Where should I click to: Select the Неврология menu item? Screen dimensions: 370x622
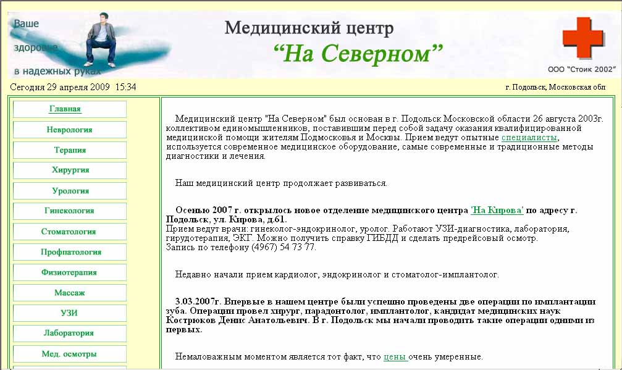pyautogui.click(x=69, y=130)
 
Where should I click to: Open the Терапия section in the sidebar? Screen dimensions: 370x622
pyautogui.click(x=69, y=150)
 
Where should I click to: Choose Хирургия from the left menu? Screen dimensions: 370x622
pyautogui.click(x=69, y=170)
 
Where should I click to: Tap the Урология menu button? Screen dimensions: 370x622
pyautogui.click(x=69, y=191)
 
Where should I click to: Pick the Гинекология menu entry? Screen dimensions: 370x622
pyautogui.click(x=69, y=211)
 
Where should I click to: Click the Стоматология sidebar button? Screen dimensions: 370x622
pyautogui.click(x=69, y=232)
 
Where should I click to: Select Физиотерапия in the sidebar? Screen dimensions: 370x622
pyautogui.click(x=69, y=272)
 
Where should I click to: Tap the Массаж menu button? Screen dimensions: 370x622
pyautogui.click(x=69, y=293)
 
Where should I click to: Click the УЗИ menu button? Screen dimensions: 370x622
pyautogui.click(x=69, y=313)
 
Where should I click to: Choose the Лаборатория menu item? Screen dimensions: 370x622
pyautogui.click(x=69, y=334)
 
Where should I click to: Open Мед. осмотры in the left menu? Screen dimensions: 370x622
pyautogui.click(x=69, y=354)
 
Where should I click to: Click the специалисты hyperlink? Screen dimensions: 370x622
pyautogui.click(x=529, y=138)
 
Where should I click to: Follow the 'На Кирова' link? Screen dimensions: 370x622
pyautogui.click(x=497, y=210)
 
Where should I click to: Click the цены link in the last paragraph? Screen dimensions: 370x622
pyautogui.click(x=395, y=357)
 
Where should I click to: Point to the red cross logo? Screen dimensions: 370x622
pyautogui.click(x=582, y=38)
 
